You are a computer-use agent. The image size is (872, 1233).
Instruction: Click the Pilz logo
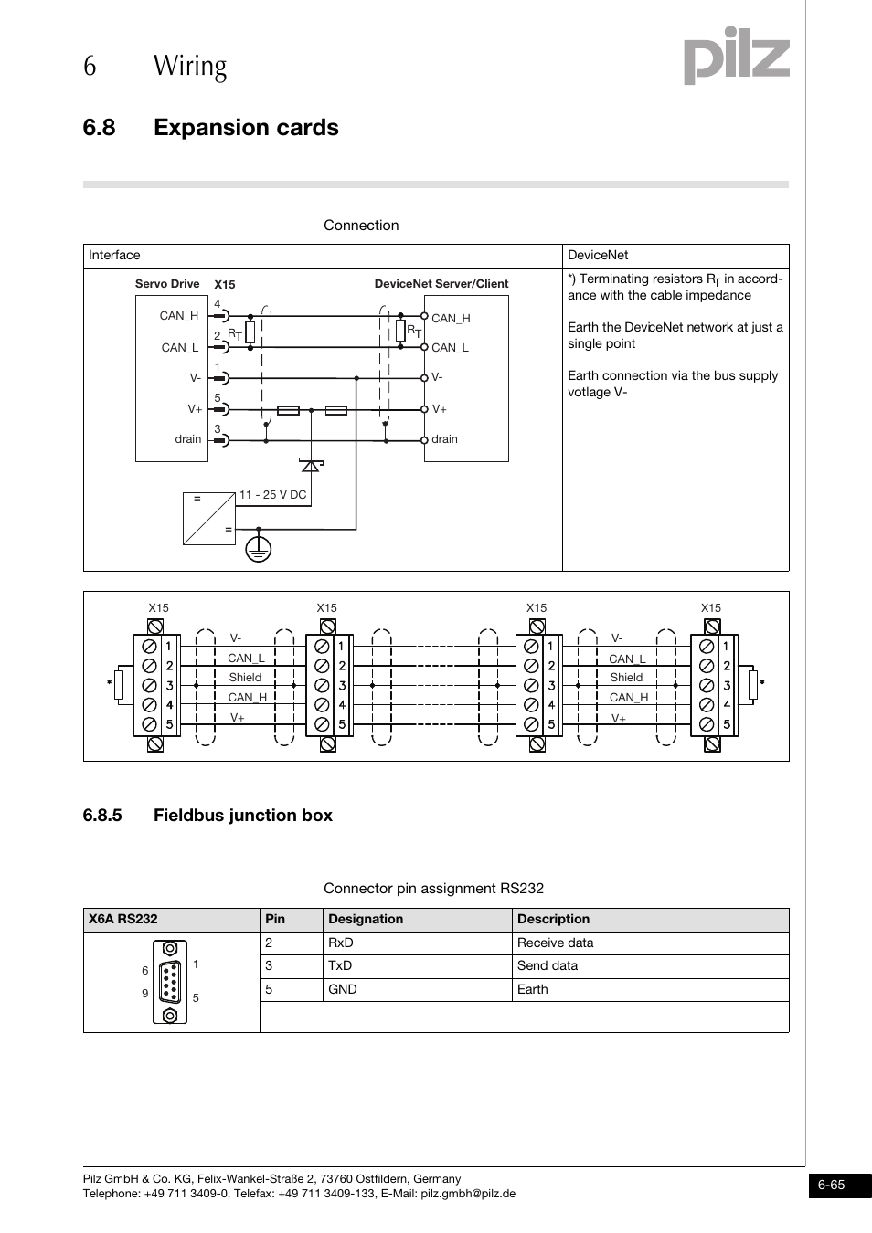click(x=736, y=57)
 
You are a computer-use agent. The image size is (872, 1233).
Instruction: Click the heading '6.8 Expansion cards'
click(x=210, y=127)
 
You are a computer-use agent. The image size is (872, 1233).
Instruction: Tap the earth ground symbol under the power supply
click(x=259, y=548)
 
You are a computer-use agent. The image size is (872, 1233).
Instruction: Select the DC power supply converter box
click(x=208, y=519)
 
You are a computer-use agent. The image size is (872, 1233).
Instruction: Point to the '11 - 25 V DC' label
click(x=272, y=494)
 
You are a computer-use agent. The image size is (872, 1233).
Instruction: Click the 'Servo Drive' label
click(x=167, y=284)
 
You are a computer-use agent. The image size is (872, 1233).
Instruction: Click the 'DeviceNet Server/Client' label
click(x=441, y=284)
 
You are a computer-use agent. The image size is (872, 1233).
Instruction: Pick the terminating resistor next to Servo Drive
click(x=250, y=332)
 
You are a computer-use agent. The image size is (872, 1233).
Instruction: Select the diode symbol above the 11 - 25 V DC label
click(x=311, y=465)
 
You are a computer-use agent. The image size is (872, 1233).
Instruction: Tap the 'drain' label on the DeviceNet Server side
click(x=444, y=439)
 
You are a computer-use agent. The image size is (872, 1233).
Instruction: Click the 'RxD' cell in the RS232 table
click(x=341, y=943)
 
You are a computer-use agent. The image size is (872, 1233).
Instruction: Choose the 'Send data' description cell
click(x=548, y=966)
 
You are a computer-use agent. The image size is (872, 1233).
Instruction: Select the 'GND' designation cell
click(x=343, y=989)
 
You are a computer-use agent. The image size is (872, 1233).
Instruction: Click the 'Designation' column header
click(x=366, y=920)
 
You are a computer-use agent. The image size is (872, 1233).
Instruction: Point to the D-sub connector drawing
click(x=170, y=983)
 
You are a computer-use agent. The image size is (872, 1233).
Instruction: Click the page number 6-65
click(x=832, y=1186)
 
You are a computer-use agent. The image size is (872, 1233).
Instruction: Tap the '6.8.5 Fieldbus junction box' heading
click(x=207, y=816)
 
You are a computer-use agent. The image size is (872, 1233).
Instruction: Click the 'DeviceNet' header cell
click(x=598, y=256)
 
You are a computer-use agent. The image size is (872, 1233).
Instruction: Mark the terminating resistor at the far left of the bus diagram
click(x=119, y=685)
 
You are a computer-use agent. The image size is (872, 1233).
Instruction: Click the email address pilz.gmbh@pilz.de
click(x=468, y=1194)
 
